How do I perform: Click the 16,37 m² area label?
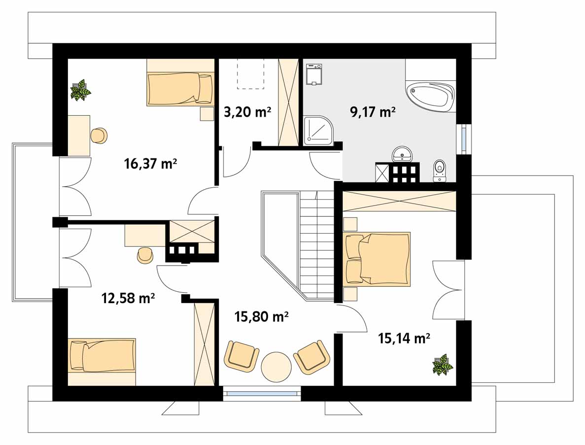[150, 164]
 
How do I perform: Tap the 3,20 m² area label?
[247, 111]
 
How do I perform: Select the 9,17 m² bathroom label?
[373, 111]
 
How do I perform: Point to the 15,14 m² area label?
[404, 339]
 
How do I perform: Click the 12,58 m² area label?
[128, 299]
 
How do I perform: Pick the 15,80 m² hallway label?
[261, 317]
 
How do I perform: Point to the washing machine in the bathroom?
[314, 74]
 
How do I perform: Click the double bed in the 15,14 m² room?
[378, 259]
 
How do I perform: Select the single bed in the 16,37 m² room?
[180, 89]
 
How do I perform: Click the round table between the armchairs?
[276, 367]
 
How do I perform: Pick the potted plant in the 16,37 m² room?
[81, 90]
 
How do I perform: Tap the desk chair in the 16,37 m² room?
[99, 136]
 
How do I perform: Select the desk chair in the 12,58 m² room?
[145, 255]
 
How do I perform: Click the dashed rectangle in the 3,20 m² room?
[250, 73]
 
